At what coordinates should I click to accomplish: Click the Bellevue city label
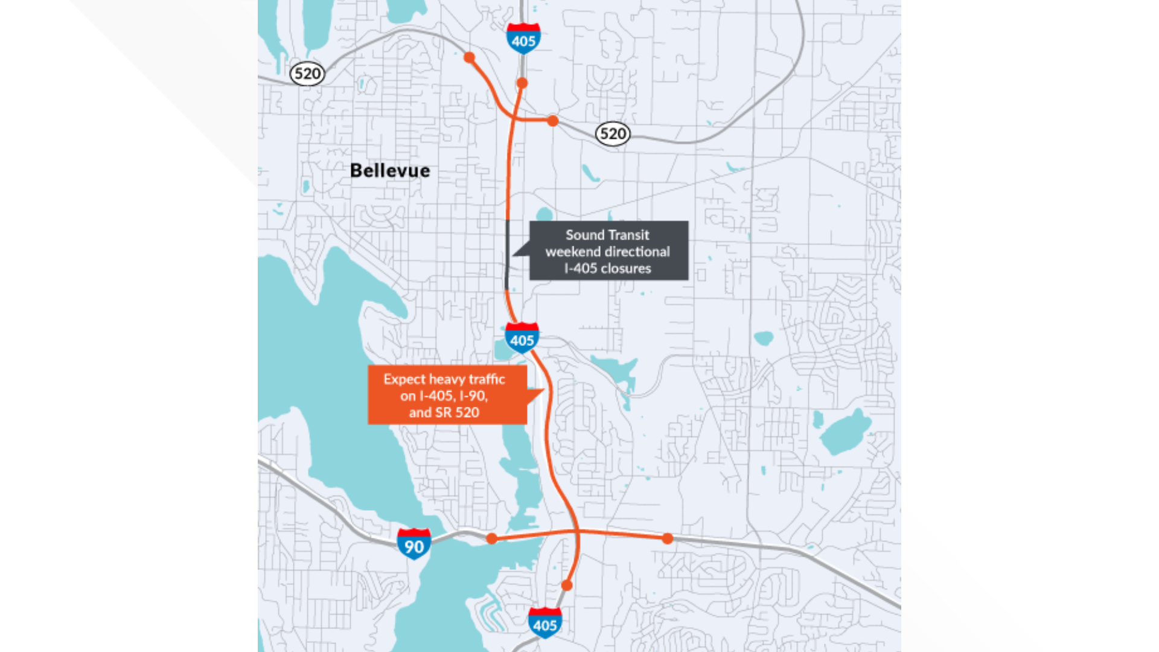[x=390, y=171]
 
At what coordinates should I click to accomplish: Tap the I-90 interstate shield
[x=414, y=544]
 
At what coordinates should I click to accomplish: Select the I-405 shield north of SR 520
[x=523, y=39]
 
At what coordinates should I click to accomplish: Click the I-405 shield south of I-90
[x=545, y=622]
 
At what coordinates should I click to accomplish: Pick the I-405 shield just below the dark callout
[x=522, y=338]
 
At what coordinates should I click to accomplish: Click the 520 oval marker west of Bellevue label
[x=307, y=74]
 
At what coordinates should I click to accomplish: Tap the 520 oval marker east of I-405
[x=613, y=133]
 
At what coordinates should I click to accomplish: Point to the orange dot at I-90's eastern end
[x=667, y=539]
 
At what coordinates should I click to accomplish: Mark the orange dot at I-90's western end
[x=492, y=539]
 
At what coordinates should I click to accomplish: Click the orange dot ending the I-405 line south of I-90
[x=567, y=586]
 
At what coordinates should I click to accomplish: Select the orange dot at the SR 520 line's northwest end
[x=469, y=58]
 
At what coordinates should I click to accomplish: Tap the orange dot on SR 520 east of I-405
[x=553, y=121]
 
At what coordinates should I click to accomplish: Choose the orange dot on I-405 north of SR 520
[x=522, y=83]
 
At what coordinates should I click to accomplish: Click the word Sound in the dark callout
[x=585, y=235]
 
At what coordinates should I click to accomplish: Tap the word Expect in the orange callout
[x=404, y=379]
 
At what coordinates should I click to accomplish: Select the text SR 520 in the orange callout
[x=457, y=413]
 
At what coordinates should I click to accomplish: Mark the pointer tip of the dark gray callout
[x=513, y=255]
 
